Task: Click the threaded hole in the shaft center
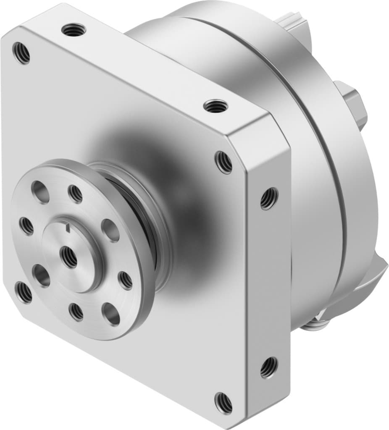[x=68, y=257]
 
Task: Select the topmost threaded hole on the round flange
[x=76, y=193]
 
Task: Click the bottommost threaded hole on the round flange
[x=76, y=312]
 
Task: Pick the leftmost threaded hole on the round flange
[x=26, y=226]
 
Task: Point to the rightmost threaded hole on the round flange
[x=125, y=280]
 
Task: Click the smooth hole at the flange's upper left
[x=40, y=192]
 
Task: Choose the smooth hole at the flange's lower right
[x=111, y=314]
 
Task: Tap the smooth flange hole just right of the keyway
[x=110, y=231]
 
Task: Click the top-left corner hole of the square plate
[x=21, y=53]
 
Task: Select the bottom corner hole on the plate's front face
[x=223, y=403]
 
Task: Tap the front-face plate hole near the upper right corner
[x=223, y=162]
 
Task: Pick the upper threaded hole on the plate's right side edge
[x=269, y=198]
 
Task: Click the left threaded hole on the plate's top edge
[x=74, y=30]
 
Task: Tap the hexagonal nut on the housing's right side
[x=353, y=105]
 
